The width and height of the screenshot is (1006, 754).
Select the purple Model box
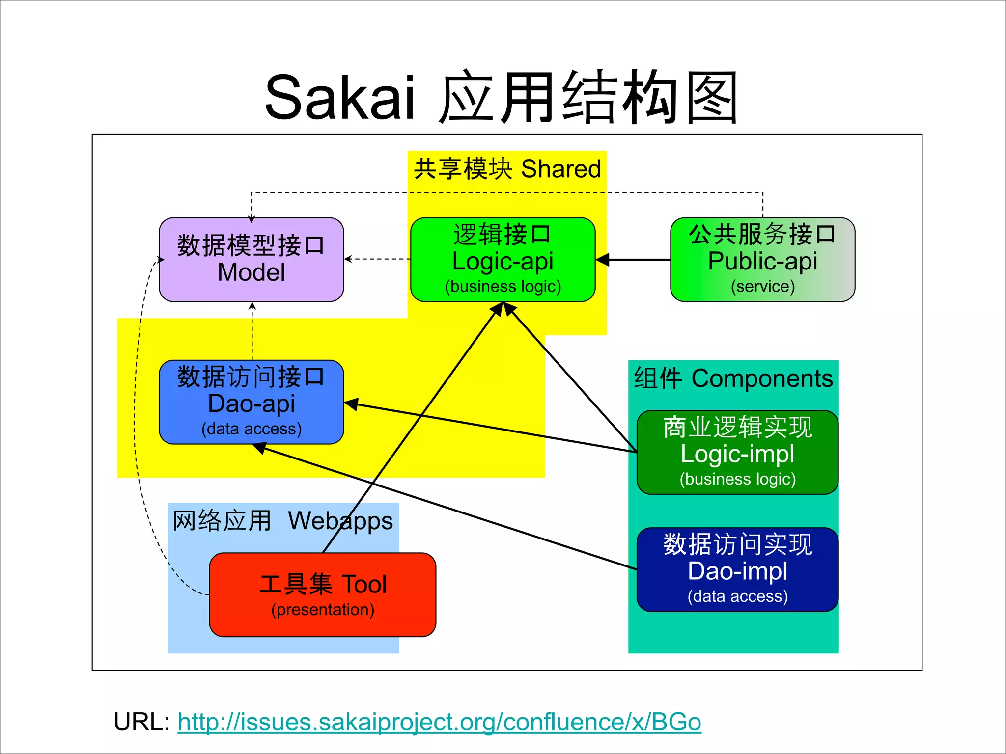click(251, 260)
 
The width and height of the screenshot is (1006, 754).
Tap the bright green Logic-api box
click(503, 260)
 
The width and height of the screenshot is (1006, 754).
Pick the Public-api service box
click(762, 260)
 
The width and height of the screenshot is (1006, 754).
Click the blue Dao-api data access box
click(251, 402)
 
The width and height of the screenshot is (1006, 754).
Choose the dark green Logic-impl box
click(737, 452)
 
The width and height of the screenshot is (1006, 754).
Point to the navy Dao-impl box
click(737, 569)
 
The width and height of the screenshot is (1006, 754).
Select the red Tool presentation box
click(322, 594)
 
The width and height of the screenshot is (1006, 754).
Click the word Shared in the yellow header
click(560, 169)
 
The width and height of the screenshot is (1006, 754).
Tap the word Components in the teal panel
click(762, 378)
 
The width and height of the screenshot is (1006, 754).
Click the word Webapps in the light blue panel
click(340, 521)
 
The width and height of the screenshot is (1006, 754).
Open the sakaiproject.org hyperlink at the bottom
click(439, 722)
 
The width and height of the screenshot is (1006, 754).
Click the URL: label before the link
click(141, 722)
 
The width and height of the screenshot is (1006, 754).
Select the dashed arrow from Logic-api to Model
click(377, 259)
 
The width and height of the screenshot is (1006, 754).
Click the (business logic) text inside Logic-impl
click(737, 479)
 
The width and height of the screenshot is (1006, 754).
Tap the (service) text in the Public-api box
click(762, 286)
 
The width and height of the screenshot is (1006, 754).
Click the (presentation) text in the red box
click(322, 610)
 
